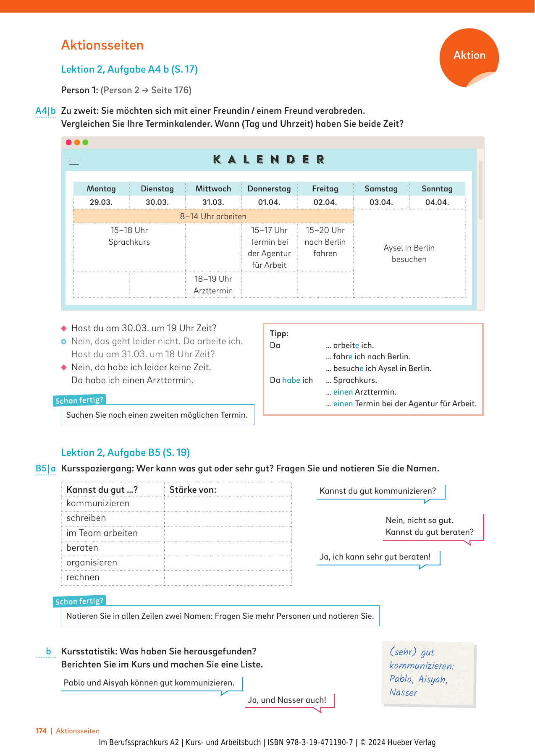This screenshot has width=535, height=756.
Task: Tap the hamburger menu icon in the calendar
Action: [74, 161]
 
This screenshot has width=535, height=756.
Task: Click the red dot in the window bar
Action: [69, 142]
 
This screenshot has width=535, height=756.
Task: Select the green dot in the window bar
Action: [86, 142]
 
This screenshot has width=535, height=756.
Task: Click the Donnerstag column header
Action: [269, 189]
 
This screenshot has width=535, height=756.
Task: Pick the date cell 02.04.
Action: [325, 202]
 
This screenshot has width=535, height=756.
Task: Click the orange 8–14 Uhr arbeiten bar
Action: [213, 216]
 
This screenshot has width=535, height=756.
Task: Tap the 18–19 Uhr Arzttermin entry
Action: [213, 285]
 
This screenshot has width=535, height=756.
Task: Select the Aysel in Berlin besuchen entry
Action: [409, 254]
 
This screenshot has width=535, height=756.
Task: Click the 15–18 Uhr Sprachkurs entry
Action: [129, 236]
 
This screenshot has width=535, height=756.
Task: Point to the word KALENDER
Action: [269, 160]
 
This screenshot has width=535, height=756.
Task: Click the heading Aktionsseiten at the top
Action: [102, 45]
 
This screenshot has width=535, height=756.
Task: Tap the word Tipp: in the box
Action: [279, 334]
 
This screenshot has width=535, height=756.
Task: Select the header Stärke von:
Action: [193, 490]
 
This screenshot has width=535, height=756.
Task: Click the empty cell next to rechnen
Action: [228, 578]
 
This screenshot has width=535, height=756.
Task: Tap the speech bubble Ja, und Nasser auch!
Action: [287, 700]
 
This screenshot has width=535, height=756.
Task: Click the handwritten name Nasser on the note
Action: [403, 693]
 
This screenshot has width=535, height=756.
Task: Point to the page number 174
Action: [41, 731]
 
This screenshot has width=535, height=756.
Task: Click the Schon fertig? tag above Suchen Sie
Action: [79, 400]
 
